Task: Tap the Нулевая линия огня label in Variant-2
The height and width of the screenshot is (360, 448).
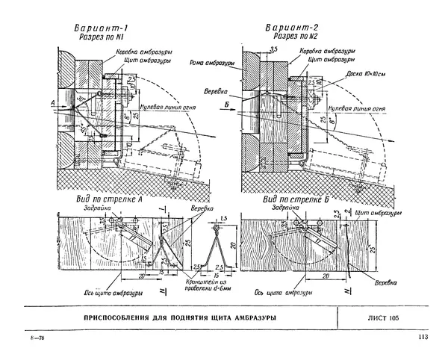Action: point(361,108)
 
